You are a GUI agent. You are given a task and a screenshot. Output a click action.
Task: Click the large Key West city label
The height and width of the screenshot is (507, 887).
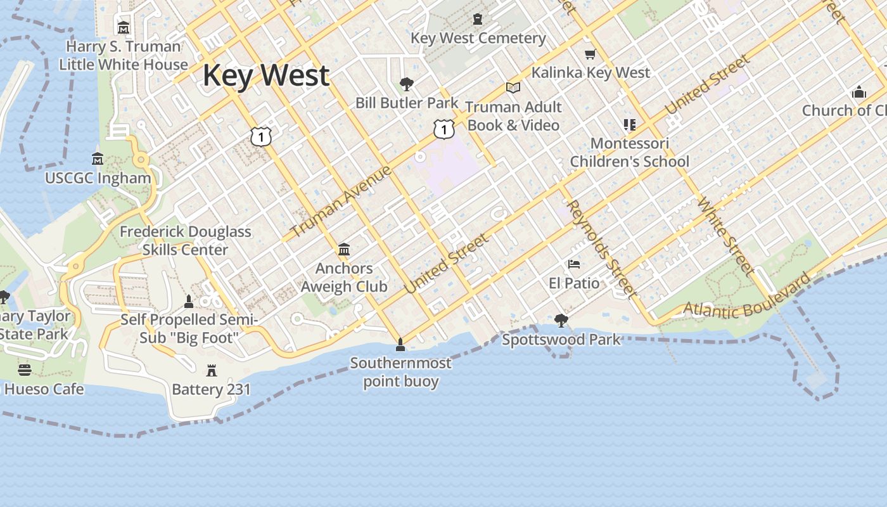tap(266, 76)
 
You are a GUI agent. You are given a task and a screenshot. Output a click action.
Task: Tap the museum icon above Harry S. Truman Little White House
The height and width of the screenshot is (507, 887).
tap(124, 28)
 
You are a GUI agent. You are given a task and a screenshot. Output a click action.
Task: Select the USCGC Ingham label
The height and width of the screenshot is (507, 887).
tap(98, 178)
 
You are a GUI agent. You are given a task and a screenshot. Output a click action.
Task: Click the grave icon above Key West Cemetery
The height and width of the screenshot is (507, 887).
tap(478, 20)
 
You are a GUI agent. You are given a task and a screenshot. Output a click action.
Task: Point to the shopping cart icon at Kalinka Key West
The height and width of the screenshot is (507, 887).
tap(590, 55)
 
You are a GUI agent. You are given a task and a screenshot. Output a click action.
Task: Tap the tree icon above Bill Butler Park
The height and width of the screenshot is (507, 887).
tap(407, 84)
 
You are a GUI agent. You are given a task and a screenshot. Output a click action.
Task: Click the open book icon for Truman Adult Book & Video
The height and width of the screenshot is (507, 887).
tap(513, 87)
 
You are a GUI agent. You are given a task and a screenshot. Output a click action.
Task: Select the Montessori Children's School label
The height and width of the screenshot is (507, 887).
tap(629, 153)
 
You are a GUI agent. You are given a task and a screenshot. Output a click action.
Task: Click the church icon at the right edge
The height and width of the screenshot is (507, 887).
tap(858, 92)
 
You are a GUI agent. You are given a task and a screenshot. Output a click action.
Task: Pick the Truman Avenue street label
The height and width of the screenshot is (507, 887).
tap(341, 201)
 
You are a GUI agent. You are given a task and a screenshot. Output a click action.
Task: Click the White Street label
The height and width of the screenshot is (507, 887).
tap(726, 236)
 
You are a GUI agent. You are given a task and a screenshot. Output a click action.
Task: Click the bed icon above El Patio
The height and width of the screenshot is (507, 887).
tap(574, 264)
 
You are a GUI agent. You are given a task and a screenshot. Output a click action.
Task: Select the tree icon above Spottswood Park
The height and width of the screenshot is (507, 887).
tap(561, 320)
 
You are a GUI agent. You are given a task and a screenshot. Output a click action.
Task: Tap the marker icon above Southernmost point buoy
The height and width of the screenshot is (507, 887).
tap(400, 345)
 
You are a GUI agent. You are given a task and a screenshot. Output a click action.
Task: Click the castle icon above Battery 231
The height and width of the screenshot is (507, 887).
tap(212, 370)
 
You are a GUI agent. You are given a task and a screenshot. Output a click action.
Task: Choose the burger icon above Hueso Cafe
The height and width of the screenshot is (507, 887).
tap(25, 369)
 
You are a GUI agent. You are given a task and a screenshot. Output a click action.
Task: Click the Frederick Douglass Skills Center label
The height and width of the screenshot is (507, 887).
tap(185, 241)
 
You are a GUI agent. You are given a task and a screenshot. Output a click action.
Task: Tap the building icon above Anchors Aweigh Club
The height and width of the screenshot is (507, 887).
tap(344, 249)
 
